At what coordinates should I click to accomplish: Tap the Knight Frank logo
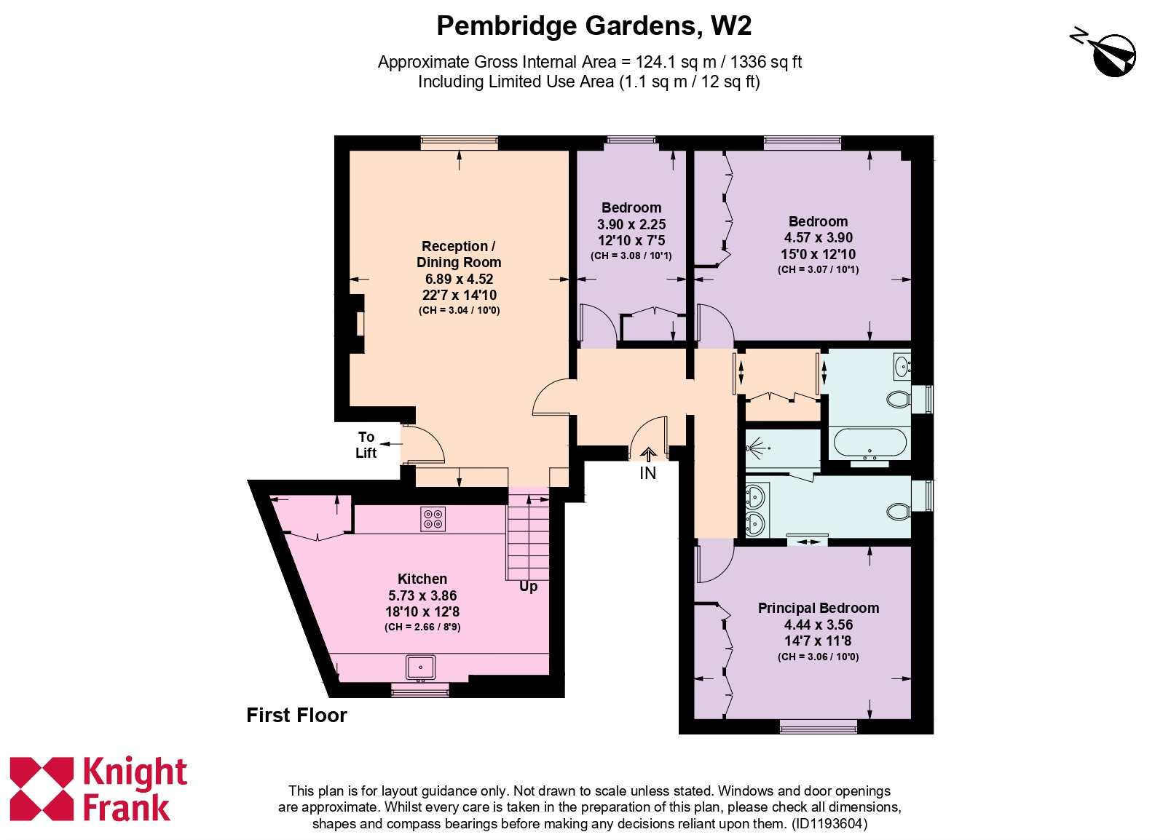coord(99,790)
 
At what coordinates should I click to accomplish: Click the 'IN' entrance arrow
coord(647,456)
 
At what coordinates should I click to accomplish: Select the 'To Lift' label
coord(366,445)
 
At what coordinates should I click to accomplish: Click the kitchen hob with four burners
coord(433,519)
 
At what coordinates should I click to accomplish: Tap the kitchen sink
coord(420,667)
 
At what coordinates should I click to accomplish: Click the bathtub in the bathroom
coord(870,443)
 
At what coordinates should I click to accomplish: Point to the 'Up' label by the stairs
coord(529,587)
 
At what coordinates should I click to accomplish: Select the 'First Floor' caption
coord(296,716)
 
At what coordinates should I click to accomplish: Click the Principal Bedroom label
coord(818,609)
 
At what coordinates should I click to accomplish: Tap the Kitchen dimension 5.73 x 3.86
coord(422,595)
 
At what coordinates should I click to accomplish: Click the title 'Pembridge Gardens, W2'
coord(594,26)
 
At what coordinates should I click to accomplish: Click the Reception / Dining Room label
coord(459,254)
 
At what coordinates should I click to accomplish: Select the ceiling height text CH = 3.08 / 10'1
coord(631,256)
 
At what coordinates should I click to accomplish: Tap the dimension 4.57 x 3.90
coord(818,238)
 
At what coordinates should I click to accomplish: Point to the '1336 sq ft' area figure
coord(765,63)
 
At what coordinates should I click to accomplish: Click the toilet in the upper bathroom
coord(899,399)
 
